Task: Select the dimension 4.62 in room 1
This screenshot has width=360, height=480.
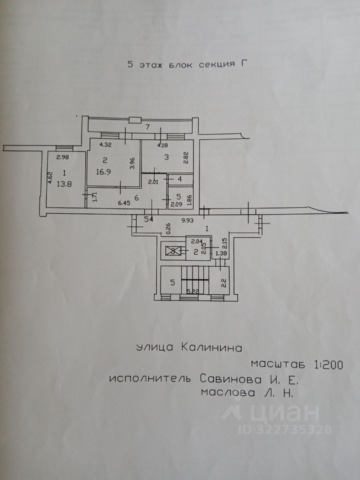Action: click(50, 178)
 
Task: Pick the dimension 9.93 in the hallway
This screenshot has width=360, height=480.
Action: click(188, 219)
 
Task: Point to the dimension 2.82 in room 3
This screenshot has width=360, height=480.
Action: click(185, 157)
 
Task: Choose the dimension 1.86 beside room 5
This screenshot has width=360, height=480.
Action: click(189, 200)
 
